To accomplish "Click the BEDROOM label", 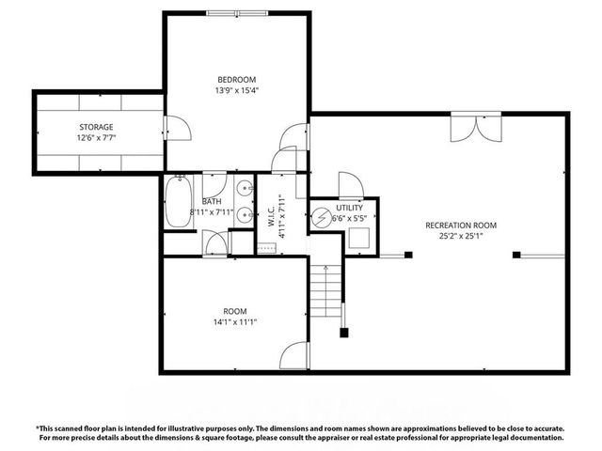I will [x=236, y=80].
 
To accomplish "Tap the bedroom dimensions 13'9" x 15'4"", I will [x=236, y=91].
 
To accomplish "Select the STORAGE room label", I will [x=95, y=127].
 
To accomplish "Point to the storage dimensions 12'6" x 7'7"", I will [x=95, y=138].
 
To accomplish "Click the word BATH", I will [x=212, y=201].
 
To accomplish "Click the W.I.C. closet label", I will [x=269, y=216].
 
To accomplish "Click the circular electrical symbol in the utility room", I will [x=322, y=218].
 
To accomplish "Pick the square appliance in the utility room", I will [x=358, y=236].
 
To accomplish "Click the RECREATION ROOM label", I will [x=460, y=225].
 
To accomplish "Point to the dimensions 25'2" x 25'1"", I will [x=460, y=237].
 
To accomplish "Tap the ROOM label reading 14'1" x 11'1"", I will [x=234, y=311].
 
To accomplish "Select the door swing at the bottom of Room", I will [x=295, y=356].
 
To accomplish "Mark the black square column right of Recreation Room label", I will [x=516, y=254].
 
